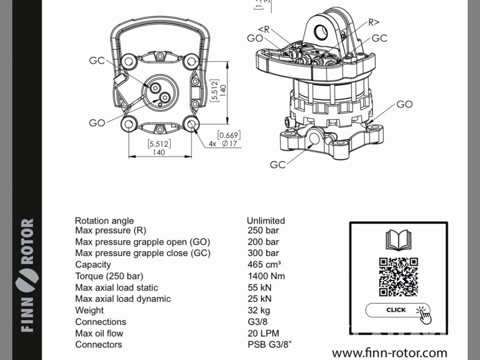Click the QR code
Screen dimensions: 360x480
[398, 277]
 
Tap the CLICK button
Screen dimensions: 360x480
[396, 310]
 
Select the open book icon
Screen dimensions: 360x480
[398, 240]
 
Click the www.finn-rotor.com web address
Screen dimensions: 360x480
[389, 353]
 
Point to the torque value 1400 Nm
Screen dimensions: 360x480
[266, 276]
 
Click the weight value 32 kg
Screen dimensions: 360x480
[259, 310]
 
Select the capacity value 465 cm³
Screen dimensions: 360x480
[264, 265]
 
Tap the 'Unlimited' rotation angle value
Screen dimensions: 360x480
[266, 220]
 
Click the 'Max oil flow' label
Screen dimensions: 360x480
[99, 333]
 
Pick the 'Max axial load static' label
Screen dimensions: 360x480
[116, 287]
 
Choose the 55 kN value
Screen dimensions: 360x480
[259, 287]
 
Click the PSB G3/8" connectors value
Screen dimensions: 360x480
[269, 345]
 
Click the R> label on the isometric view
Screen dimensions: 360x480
[374, 22]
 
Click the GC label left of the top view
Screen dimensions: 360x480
[97, 61]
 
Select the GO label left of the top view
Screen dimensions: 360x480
[97, 123]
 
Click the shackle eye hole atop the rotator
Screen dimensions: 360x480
[321, 31]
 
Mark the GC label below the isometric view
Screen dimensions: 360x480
[278, 165]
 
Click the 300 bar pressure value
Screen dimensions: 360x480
[263, 253]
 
